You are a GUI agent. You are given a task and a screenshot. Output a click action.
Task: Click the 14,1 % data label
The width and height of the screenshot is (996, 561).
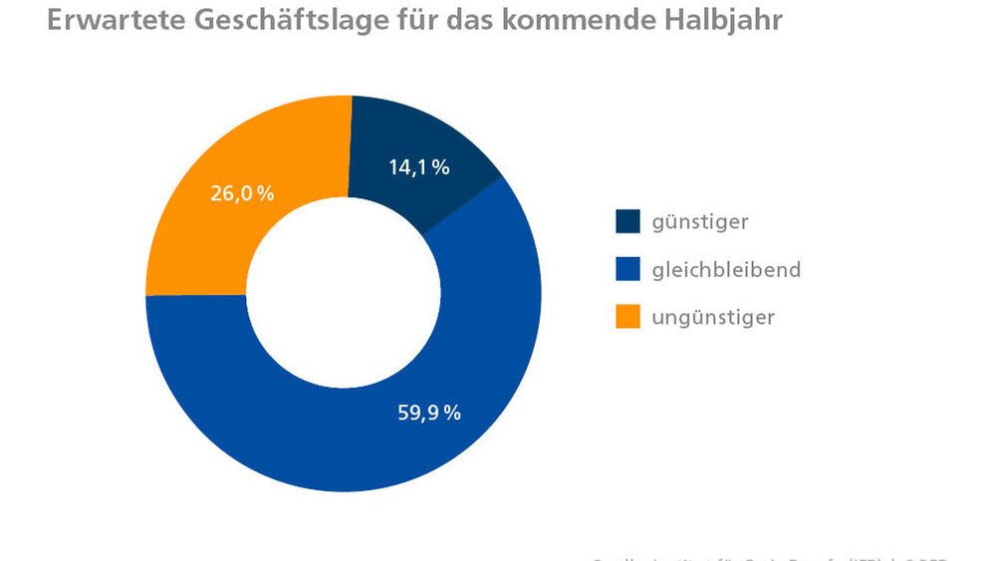[418, 168]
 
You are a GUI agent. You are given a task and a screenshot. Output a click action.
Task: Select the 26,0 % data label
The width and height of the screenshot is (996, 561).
[242, 194]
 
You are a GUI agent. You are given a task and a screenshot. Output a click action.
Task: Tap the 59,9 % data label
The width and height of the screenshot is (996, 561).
[429, 413]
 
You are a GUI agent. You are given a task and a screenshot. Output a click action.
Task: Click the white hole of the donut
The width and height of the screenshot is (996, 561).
[344, 294]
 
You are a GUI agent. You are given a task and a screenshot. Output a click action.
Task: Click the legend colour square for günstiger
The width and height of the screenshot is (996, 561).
[628, 221]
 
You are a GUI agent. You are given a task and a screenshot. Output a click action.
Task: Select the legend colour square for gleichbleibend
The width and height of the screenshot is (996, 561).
[628, 269]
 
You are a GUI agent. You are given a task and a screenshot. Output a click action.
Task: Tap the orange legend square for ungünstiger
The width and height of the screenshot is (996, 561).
[628, 317]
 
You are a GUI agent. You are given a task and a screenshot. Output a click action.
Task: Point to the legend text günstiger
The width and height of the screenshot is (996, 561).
[700, 222]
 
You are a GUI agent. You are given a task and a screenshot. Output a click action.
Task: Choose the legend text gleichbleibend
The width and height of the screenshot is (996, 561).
[726, 270]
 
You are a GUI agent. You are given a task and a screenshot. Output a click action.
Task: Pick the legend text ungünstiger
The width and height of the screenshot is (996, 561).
[713, 318]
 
